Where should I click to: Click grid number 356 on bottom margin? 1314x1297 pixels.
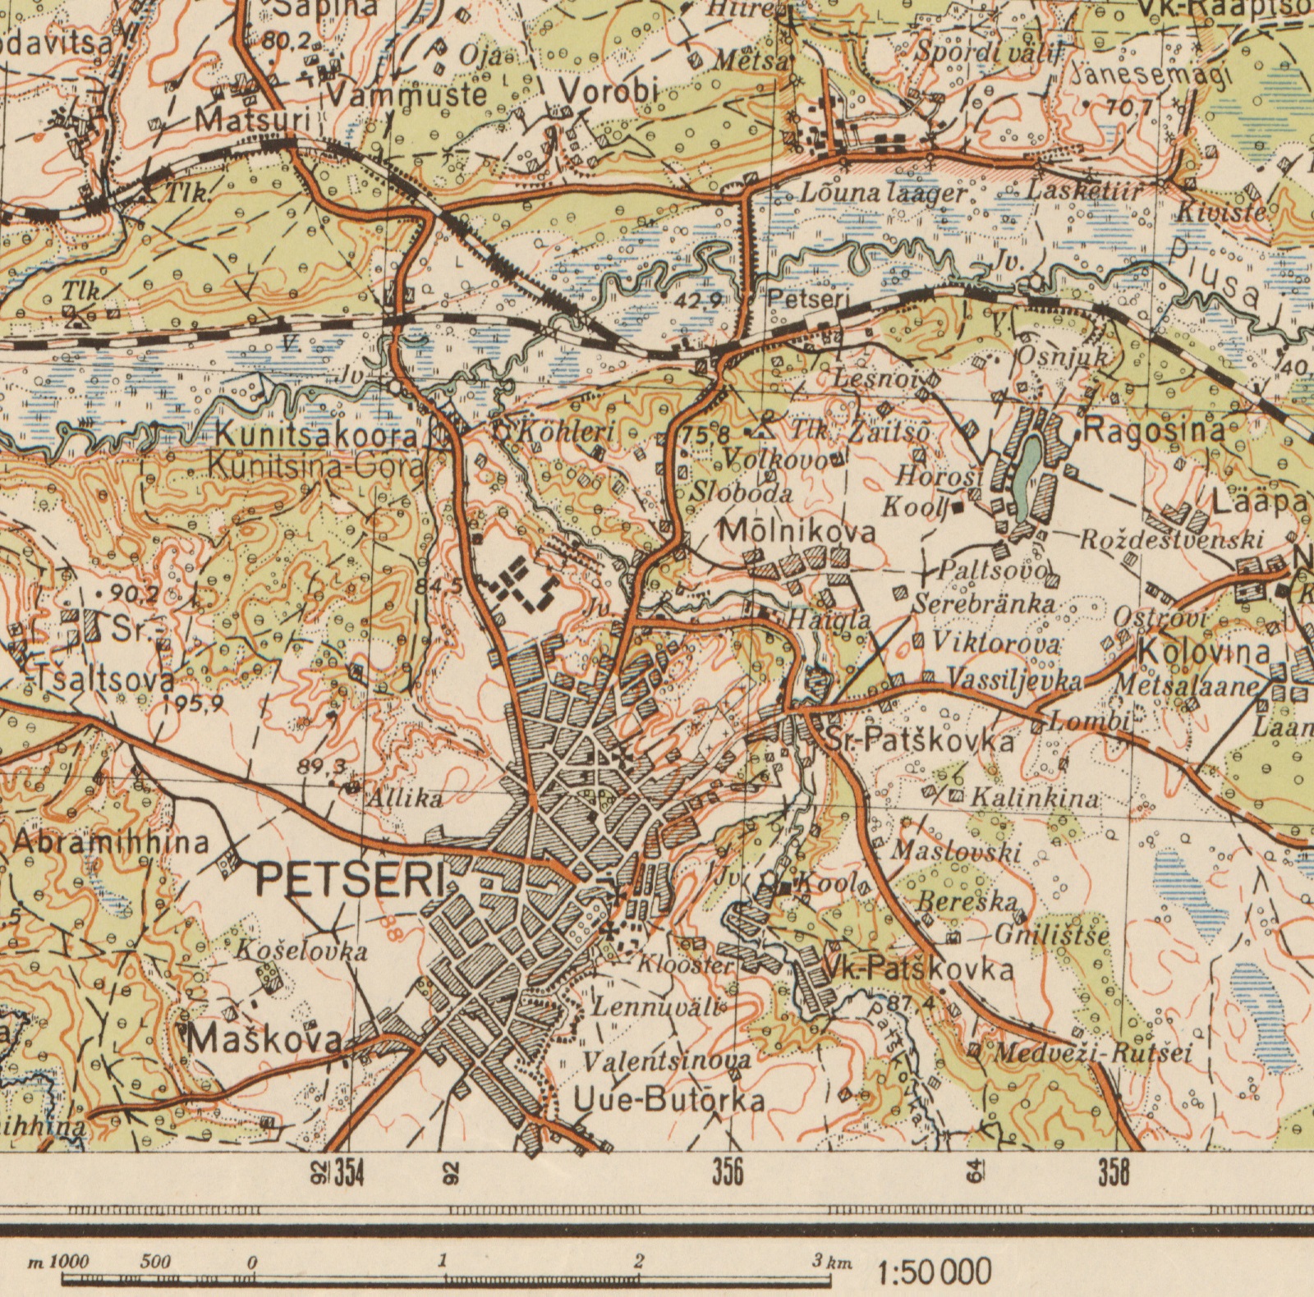pos(728,1172)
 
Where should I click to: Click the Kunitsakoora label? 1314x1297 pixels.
pos(316,435)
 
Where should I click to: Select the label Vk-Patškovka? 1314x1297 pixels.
pos(918,970)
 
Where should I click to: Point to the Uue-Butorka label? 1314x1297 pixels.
pos(669,1101)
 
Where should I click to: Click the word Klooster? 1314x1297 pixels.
pos(685,965)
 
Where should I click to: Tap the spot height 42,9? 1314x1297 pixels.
pos(697,300)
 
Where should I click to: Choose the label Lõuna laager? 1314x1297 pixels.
pos(884,194)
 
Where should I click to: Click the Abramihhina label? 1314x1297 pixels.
pos(111,842)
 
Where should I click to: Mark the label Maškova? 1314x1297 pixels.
pos(264,1040)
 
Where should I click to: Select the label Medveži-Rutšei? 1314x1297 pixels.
pos(1092,1053)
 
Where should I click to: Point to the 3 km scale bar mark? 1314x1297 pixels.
pos(831,1263)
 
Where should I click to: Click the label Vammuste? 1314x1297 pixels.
pos(407,94)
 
